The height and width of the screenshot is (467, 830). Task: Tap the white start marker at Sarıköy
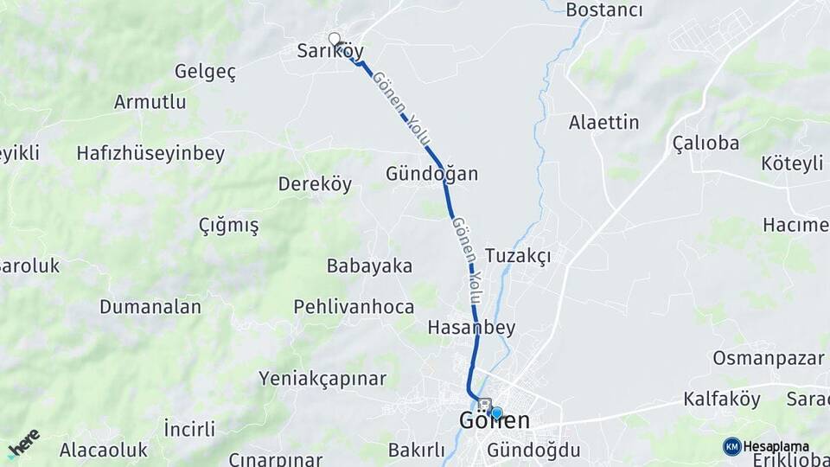[x=335, y=39]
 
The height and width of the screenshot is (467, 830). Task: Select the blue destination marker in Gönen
[x=496, y=413]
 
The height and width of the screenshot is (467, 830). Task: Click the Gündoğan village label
[x=431, y=174]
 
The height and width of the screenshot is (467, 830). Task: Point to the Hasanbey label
[x=471, y=327]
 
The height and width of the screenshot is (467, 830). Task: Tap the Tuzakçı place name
[x=518, y=256]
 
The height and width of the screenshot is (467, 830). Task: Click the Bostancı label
[x=604, y=10]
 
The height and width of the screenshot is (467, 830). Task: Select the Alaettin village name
[x=603, y=123]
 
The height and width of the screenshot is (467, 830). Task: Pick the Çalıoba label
[x=705, y=143]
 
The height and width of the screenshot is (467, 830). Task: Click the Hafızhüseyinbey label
[x=150, y=154]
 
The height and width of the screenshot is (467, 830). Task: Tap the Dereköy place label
[x=315, y=184]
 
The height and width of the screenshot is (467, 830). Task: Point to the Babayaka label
[x=369, y=265]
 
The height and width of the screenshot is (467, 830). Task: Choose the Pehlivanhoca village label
[x=354, y=307]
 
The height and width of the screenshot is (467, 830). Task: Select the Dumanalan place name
[x=150, y=307]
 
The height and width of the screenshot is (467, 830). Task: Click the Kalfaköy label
[x=722, y=400]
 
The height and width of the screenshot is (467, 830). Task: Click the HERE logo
[x=24, y=443]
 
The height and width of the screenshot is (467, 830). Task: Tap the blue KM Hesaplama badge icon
[x=732, y=446]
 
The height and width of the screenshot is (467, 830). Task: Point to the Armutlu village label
[x=150, y=102]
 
